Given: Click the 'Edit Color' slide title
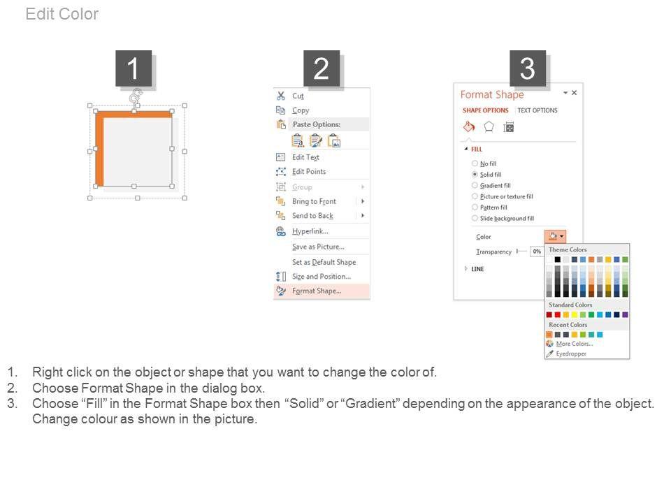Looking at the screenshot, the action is tap(62, 14).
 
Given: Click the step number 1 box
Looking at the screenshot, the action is tap(134, 68).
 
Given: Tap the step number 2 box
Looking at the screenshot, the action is tap(322, 68).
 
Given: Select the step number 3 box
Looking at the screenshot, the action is tap(527, 68).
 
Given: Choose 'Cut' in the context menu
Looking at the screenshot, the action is tap(298, 96).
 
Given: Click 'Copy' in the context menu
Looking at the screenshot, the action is tap(301, 110).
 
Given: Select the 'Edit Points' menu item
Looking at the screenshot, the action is tap(309, 172).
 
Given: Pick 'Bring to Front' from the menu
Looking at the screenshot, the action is tap(314, 201).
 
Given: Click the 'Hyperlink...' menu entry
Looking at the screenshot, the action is tap(310, 231).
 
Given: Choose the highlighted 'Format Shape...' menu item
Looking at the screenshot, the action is tap(317, 291).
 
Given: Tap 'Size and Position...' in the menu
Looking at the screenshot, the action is tap(322, 277).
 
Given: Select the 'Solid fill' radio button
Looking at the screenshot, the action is tap(475, 175).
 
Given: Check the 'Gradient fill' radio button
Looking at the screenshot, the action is tap(475, 185).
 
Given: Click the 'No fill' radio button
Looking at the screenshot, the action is tap(475, 163).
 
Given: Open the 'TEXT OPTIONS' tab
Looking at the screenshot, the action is tap(537, 110).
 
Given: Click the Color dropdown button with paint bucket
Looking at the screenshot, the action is tap(556, 236).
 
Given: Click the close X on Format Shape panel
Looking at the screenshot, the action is tap(575, 92).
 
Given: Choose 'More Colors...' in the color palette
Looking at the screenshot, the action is tap(575, 344).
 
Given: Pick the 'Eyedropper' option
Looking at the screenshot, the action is tap(571, 353).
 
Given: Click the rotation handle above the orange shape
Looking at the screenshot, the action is tap(136, 96).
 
